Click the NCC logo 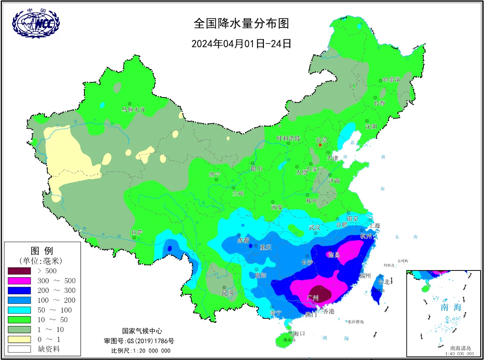[x=36, y=23]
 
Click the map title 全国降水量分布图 [x=241, y=23]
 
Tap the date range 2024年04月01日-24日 [x=241, y=44]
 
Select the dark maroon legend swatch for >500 [x=19, y=271]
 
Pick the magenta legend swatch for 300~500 [x=19, y=281]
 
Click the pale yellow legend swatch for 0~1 [x=19, y=339]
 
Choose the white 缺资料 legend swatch [x=19, y=349]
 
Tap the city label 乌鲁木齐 [x=133, y=110]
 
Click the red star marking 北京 [x=320, y=145]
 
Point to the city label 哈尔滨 [x=391, y=80]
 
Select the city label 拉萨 [x=137, y=232]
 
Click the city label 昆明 [x=227, y=293]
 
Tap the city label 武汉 [x=314, y=227]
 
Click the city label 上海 [x=375, y=226]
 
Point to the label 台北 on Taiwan [x=384, y=282]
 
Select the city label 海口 [x=299, y=333]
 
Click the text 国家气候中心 [x=142, y=331]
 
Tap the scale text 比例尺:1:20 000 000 [x=141, y=351]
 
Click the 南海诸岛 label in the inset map [x=460, y=348]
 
